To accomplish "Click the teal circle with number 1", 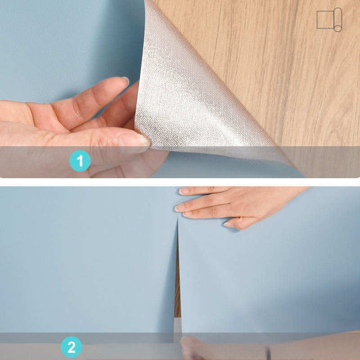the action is [x=80, y=161].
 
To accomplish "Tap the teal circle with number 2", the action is [x=72, y=347].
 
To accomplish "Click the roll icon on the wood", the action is [x=329, y=20].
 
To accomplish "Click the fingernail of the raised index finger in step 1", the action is [x=126, y=81].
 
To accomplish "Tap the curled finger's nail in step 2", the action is [x=228, y=224].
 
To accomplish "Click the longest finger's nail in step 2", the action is [x=179, y=208].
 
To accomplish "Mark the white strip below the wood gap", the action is [x=177, y=325].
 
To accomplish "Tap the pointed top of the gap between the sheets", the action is [x=177, y=215].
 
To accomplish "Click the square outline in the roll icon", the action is [x=325, y=20].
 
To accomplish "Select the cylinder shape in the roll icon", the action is [x=338, y=20].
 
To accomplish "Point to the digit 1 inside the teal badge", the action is [x=80, y=161].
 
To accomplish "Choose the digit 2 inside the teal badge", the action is [x=72, y=347].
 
